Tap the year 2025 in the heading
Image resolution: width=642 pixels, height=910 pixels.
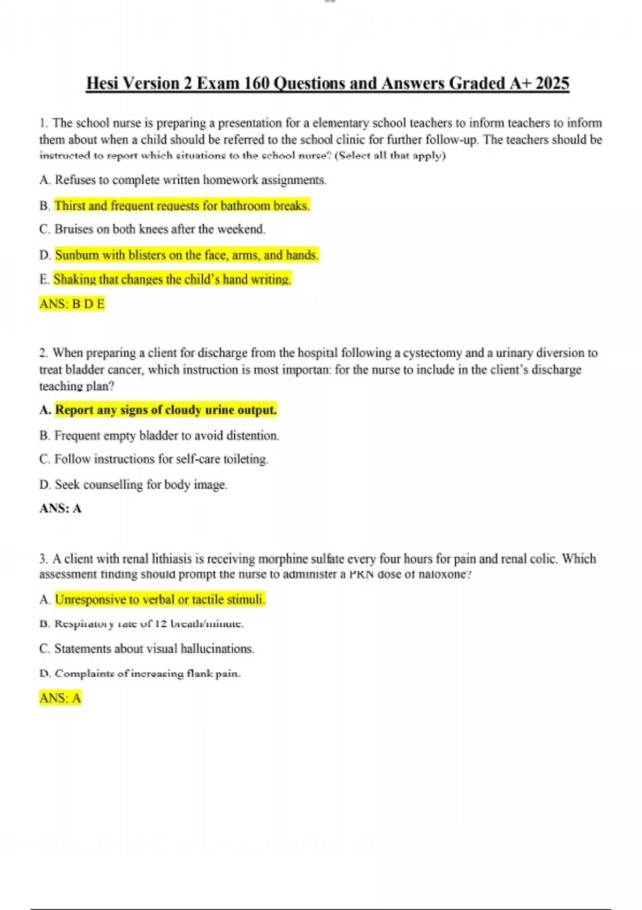point(552,84)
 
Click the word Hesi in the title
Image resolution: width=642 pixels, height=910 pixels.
point(103,84)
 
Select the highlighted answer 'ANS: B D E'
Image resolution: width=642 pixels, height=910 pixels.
point(72,304)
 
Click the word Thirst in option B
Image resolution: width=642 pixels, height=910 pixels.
point(70,206)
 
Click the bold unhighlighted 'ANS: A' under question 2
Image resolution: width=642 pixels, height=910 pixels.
point(60,509)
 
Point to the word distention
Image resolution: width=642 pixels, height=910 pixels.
point(253,436)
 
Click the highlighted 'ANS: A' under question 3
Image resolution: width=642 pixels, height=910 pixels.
point(60,698)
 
